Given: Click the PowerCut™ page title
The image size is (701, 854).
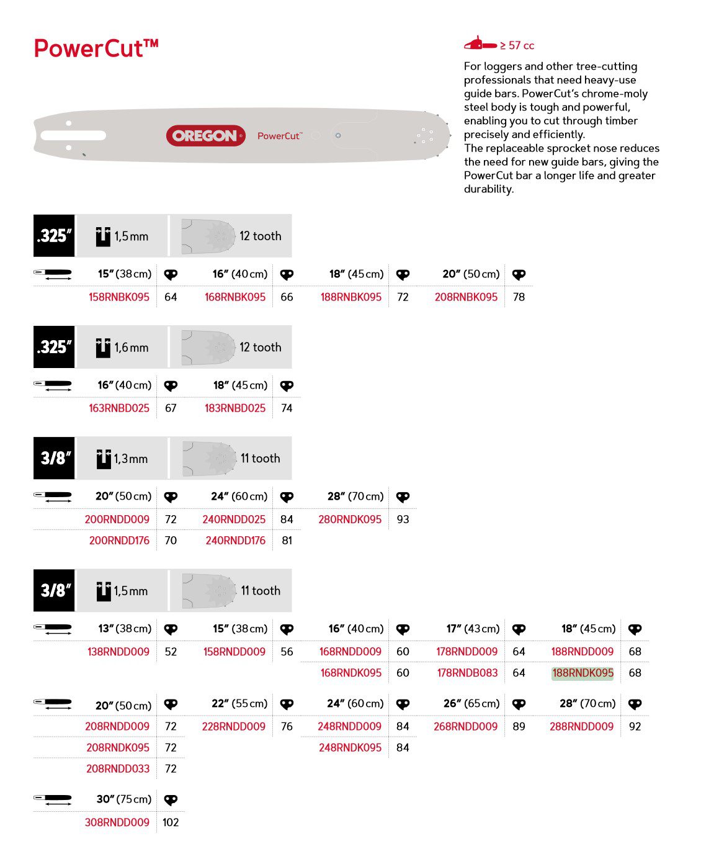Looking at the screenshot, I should (96, 48).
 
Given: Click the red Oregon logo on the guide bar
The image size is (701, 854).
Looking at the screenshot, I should (205, 136).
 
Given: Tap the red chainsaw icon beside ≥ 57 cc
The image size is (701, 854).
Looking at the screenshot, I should (480, 43).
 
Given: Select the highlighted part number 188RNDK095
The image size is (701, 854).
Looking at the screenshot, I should (583, 673).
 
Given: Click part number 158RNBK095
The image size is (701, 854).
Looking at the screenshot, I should (118, 297).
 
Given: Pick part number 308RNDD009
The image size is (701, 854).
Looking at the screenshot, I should (117, 822).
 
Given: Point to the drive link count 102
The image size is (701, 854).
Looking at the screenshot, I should (171, 822).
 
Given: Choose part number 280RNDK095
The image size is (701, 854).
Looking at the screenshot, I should (350, 519).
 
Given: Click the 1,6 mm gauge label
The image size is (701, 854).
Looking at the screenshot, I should (131, 348).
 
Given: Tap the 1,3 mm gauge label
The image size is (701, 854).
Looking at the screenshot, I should (130, 459).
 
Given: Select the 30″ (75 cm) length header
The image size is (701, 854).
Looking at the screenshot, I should (124, 799).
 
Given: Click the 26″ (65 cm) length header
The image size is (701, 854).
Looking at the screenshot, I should (471, 704).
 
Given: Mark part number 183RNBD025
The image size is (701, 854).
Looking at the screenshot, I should (234, 408).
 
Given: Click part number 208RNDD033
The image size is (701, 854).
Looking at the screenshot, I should (118, 769).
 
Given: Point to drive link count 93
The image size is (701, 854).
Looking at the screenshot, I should (403, 519).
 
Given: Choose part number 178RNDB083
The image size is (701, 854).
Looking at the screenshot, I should (467, 673).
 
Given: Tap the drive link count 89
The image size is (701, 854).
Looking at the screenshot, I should (519, 727).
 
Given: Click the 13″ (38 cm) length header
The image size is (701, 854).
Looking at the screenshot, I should (125, 629).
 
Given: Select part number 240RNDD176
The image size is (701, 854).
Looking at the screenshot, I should (235, 541).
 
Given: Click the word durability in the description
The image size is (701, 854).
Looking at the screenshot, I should (488, 189).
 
